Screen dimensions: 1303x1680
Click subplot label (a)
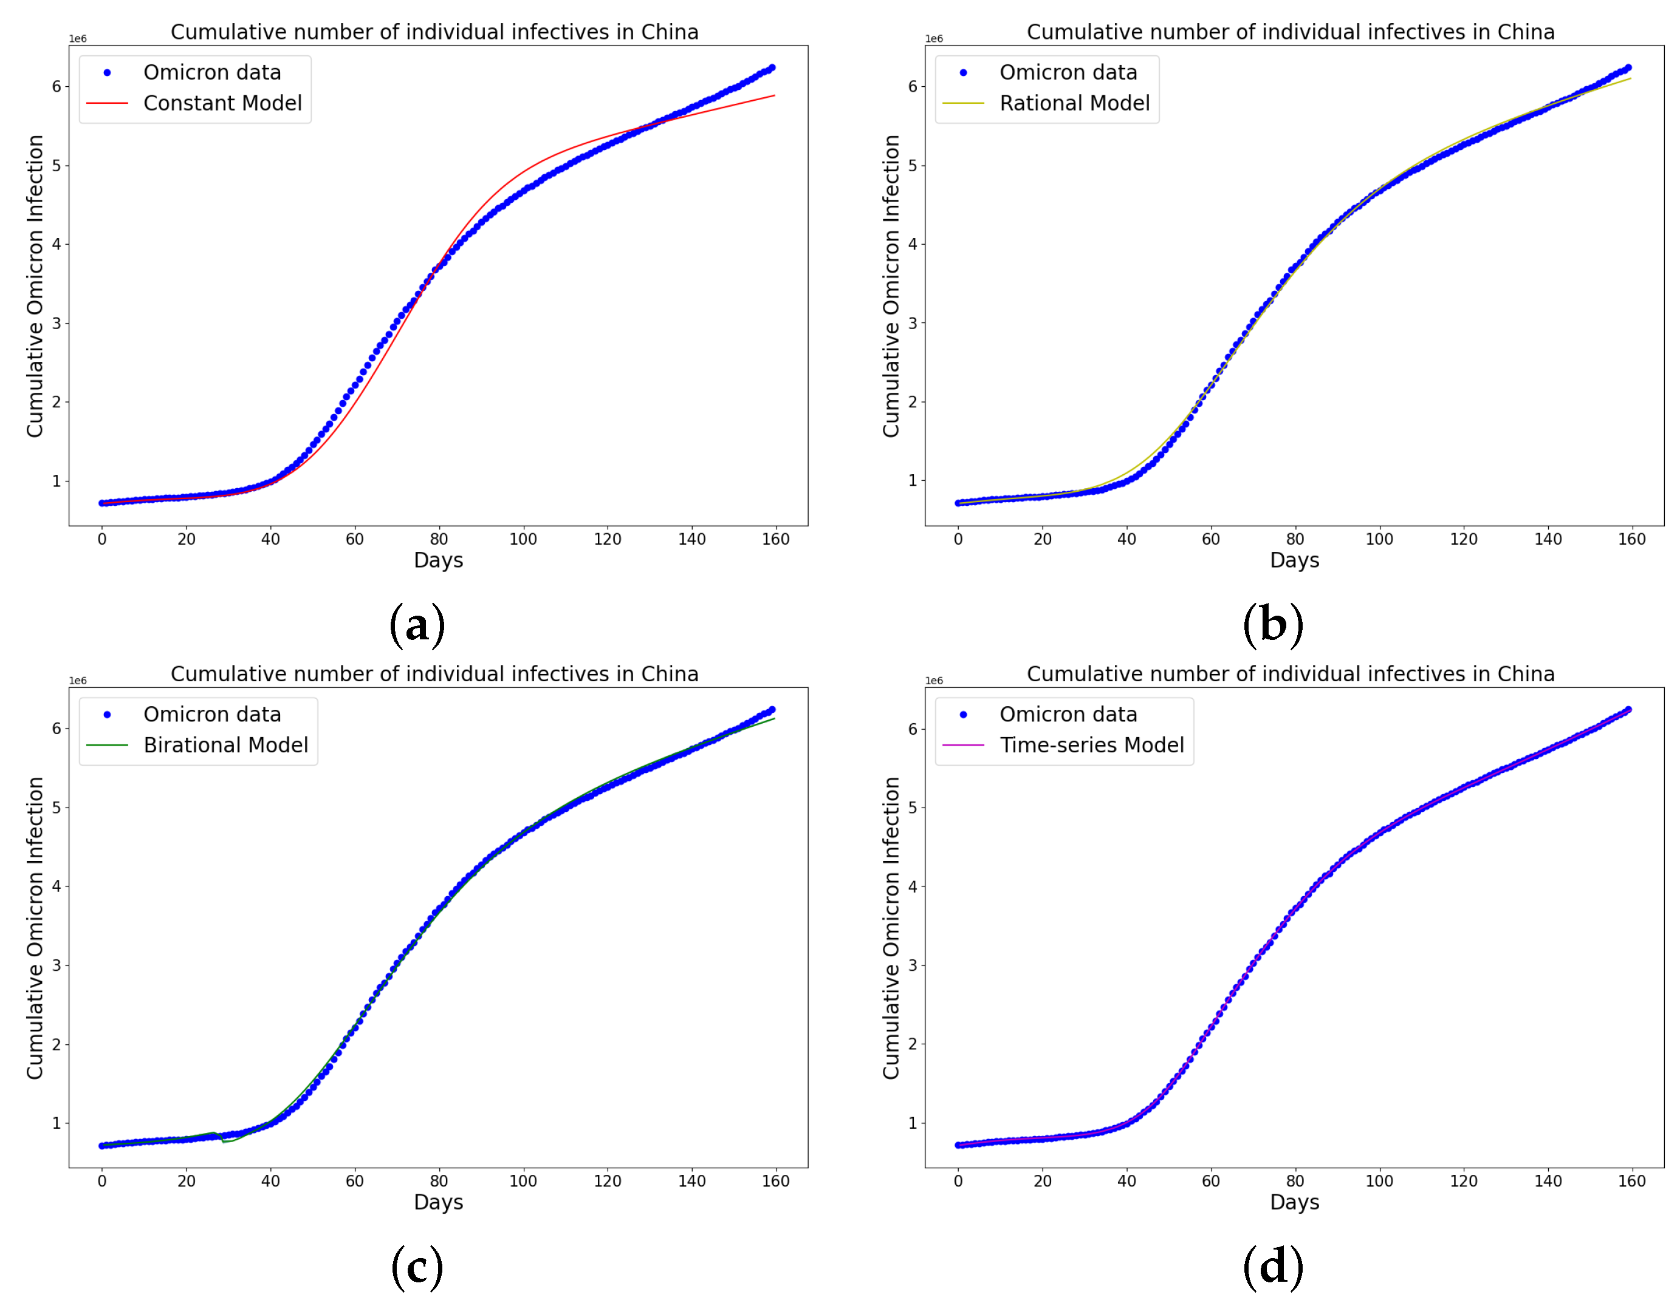[417, 624]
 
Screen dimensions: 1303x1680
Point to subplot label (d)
[1273, 1266]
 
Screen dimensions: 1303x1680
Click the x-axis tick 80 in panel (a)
[439, 540]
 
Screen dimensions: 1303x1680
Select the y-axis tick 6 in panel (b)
[913, 87]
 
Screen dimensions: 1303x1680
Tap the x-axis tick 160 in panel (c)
[775, 1182]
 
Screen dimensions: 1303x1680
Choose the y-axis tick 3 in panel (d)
[913, 965]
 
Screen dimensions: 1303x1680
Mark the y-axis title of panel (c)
[35, 928]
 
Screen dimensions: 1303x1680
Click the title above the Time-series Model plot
[1290, 674]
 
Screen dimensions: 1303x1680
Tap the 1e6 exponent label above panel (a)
[78, 38]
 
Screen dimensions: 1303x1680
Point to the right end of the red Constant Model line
[774, 96]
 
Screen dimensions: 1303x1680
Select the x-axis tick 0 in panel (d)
[958, 1182]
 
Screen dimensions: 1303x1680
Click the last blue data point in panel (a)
[772, 67]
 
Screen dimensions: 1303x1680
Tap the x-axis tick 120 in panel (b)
[1463, 540]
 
